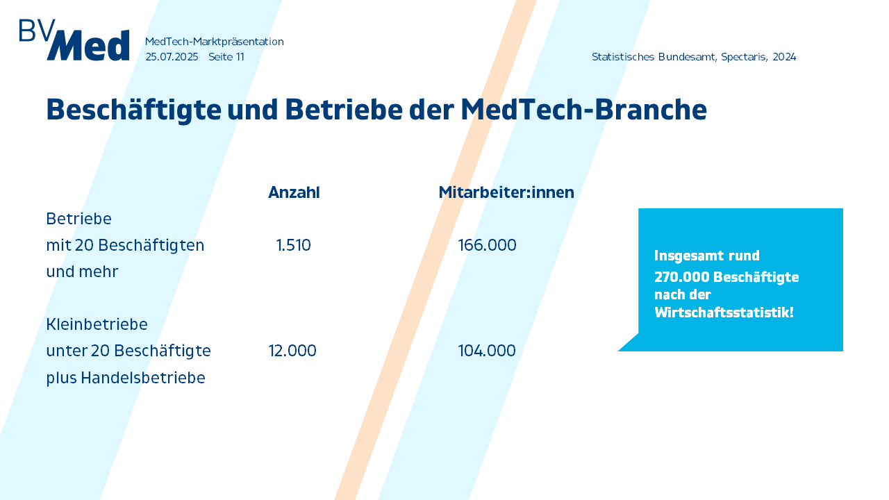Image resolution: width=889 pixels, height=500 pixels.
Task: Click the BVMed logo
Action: pyautogui.click(x=74, y=40)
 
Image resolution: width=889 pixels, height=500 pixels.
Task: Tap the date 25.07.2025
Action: pyautogui.click(x=172, y=57)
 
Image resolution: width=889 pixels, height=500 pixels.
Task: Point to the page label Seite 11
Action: pyautogui.click(x=226, y=57)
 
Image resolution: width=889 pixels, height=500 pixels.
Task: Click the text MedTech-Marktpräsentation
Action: pyautogui.click(x=215, y=42)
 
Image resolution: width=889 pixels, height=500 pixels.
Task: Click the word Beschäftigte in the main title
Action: pyautogui.click(x=134, y=110)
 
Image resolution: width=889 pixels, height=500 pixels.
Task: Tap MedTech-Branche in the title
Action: pyautogui.click(x=584, y=109)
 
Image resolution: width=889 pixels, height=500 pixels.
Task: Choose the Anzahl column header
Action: pyautogui.click(x=294, y=192)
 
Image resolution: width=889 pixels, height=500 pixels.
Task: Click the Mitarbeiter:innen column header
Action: pyautogui.click(x=506, y=192)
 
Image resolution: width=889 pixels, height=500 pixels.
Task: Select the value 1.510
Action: pyautogui.click(x=293, y=245)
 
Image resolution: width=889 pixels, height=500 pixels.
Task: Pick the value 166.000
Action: pyautogui.click(x=487, y=245)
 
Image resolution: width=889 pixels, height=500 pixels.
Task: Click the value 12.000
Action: pyautogui.click(x=292, y=351)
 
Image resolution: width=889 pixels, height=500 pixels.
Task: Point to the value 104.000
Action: pyautogui.click(x=487, y=351)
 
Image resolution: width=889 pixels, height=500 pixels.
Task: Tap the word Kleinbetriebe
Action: pyautogui.click(x=97, y=324)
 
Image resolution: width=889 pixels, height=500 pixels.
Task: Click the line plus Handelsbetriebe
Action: pyautogui.click(x=126, y=378)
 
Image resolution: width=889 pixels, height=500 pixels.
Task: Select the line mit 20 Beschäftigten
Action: pyautogui.click(x=125, y=246)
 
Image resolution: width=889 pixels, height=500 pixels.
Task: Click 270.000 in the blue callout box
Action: pyautogui.click(x=682, y=277)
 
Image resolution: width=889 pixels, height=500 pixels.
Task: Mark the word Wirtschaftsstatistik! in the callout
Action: pyautogui.click(x=724, y=312)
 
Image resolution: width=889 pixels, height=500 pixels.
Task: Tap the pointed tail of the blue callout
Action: pyautogui.click(x=619, y=351)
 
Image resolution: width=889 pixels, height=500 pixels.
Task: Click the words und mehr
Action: pyautogui.click(x=82, y=272)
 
